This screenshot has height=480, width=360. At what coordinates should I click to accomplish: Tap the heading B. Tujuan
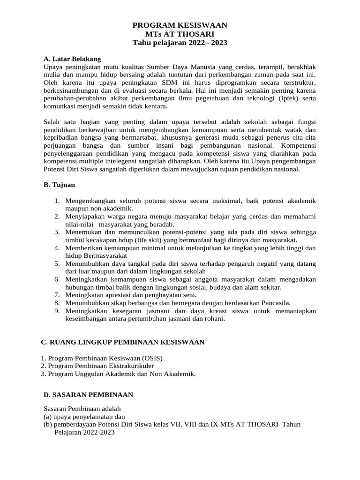(59, 185)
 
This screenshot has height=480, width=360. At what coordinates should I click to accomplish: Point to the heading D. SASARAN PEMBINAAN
(88, 395)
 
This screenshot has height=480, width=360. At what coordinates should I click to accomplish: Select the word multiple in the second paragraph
(98, 161)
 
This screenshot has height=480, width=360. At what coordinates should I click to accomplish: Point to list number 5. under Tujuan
(57, 264)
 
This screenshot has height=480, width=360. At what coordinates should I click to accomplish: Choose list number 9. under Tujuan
(57, 311)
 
